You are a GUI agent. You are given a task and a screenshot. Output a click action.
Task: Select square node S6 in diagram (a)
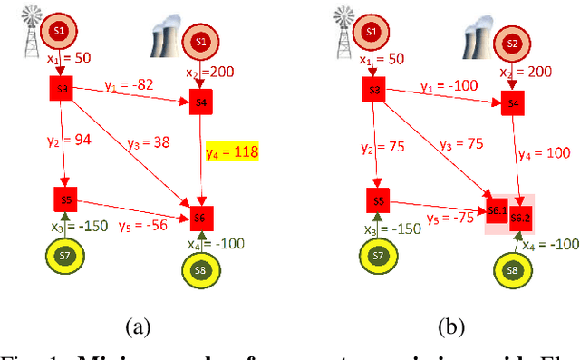(x=200, y=218)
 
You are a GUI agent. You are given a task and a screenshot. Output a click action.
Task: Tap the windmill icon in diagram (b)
(x=344, y=27)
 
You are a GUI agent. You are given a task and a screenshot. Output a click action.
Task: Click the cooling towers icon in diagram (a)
(x=168, y=42)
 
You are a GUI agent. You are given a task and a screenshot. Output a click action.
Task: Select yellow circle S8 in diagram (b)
(x=513, y=270)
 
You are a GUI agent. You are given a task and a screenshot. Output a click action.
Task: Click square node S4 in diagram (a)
(x=201, y=102)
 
